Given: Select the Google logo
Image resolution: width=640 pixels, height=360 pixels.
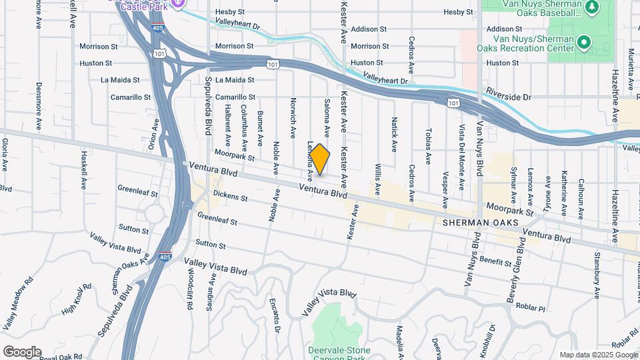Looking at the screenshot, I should [22, 352].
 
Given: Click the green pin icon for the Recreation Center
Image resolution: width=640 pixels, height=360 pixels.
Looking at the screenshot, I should [585, 43].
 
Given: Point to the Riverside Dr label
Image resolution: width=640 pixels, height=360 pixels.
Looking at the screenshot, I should [508, 97].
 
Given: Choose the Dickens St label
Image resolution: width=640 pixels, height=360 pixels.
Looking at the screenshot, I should [230, 197].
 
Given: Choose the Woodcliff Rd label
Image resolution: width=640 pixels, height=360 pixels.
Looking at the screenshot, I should [189, 287].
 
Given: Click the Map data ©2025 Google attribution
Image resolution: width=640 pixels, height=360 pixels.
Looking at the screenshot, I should [598, 355].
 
